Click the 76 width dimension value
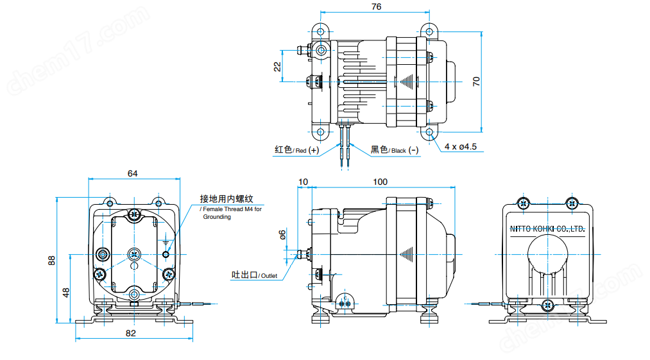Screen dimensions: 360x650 376,6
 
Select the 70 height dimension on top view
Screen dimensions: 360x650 475,81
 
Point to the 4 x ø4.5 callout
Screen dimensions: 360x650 461,147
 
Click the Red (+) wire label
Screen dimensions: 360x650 296,150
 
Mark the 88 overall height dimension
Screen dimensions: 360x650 52,260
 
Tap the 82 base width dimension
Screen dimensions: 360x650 132,333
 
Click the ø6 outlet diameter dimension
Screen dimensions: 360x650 282,235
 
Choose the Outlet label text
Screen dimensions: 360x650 254,275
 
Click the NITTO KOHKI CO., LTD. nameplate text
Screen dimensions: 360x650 547,228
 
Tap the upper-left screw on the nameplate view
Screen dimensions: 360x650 524,203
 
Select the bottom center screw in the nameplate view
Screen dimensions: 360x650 547,305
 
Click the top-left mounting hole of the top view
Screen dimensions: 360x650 321,31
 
